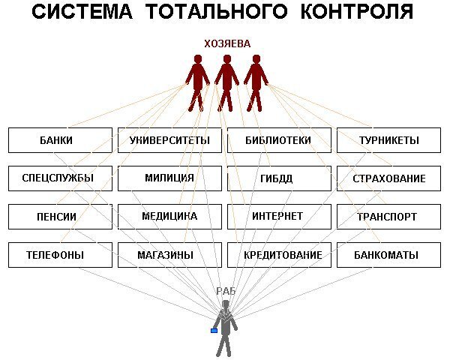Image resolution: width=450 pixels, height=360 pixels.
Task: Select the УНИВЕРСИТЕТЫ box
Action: coord(169,140)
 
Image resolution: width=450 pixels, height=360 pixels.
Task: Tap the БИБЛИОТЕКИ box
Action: coord(278,140)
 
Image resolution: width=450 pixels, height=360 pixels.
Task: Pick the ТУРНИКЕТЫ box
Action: coord(388,140)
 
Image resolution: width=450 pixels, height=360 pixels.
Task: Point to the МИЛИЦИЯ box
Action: coord(169,178)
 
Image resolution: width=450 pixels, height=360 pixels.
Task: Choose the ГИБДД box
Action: coord(278,178)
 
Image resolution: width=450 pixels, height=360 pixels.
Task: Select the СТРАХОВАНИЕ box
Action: coord(388,178)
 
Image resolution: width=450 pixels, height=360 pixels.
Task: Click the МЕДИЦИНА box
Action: coord(169,217)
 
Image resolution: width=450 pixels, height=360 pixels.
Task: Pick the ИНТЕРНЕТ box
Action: coord(278,217)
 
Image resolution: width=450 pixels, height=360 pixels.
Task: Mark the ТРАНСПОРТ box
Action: coord(388,217)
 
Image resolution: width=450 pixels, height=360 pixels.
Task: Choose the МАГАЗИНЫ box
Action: coord(169,255)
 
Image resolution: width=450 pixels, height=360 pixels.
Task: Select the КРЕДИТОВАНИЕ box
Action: coord(282,255)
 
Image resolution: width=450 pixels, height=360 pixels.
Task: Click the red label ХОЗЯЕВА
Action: coord(227,44)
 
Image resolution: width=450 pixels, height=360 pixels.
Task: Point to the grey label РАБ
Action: coord(226,291)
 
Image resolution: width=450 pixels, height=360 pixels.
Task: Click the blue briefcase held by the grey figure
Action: coord(214,330)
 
